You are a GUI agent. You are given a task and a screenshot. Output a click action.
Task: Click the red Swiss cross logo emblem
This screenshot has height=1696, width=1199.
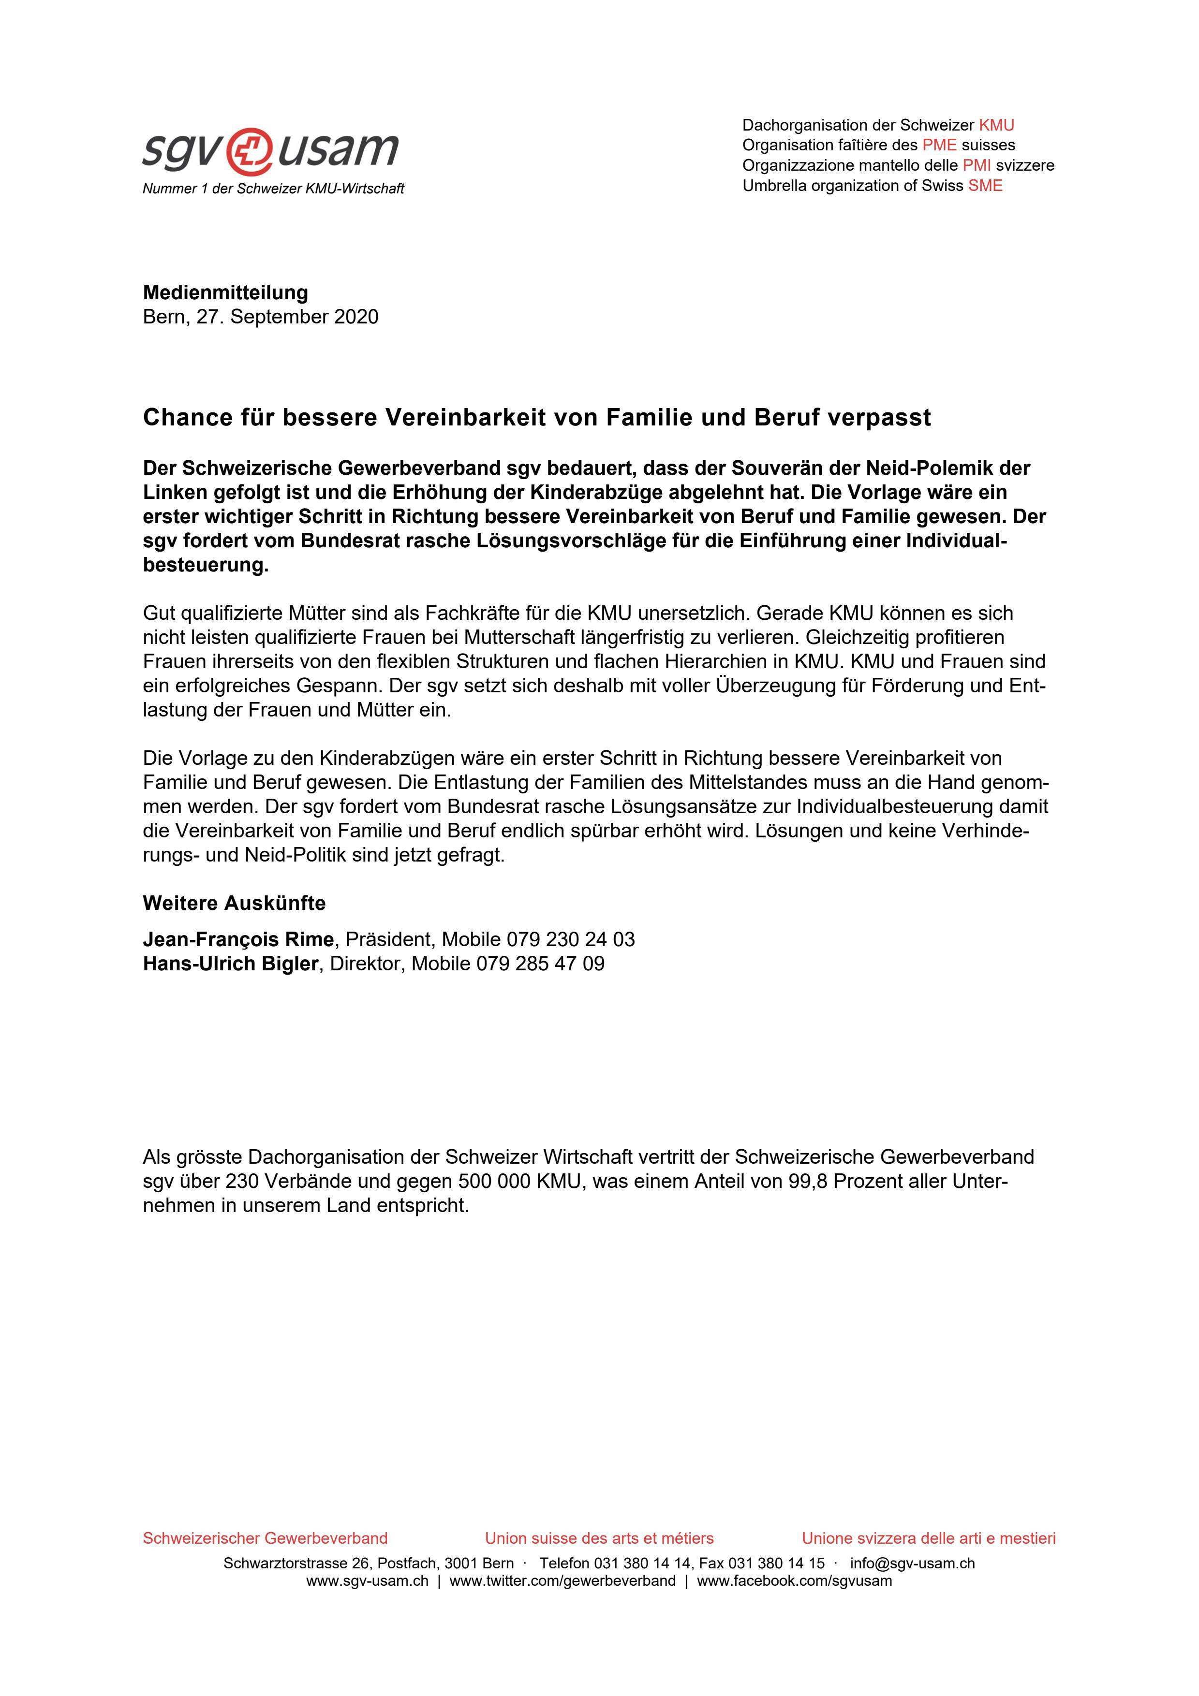click(250, 150)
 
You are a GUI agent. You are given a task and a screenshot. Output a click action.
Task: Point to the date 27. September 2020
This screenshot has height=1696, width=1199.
click(287, 317)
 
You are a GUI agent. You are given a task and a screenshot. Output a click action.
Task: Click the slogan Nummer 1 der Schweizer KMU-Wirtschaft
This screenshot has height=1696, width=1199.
click(273, 189)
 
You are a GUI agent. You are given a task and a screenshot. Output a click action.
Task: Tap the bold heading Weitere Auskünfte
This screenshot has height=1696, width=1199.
click(234, 904)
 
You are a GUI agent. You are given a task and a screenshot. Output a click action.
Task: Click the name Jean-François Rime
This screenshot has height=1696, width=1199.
click(238, 939)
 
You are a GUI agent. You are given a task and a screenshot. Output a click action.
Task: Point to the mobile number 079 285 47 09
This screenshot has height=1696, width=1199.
click(540, 964)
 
